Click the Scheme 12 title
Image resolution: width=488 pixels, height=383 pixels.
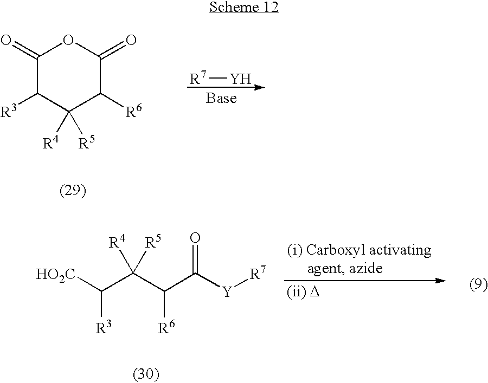(x=243, y=7)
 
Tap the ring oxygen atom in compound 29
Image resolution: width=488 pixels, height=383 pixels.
(x=68, y=40)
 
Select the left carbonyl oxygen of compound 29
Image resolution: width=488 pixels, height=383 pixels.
(x=6, y=40)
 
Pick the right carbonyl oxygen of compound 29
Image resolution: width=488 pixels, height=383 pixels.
(x=131, y=40)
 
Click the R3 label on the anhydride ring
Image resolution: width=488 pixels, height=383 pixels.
(x=8, y=111)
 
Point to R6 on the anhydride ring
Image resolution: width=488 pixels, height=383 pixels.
(x=133, y=111)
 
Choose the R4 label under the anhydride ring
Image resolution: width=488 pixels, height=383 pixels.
(x=50, y=142)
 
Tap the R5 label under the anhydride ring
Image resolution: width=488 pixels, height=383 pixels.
(x=86, y=142)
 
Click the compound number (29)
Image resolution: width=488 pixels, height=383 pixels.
(x=73, y=190)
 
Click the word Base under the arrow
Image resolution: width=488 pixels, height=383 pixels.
(x=221, y=98)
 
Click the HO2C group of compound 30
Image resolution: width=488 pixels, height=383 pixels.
(x=55, y=275)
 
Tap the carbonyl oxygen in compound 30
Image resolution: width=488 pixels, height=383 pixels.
(x=195, y=238)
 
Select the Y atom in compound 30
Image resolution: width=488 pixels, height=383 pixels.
(x=228, y=291)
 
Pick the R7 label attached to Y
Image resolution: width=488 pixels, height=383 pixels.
(x=258, y=273)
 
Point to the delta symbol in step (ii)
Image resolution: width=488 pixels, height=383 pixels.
(x=315, y=292)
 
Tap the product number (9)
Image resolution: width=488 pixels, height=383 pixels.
(x=478, y=284)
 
